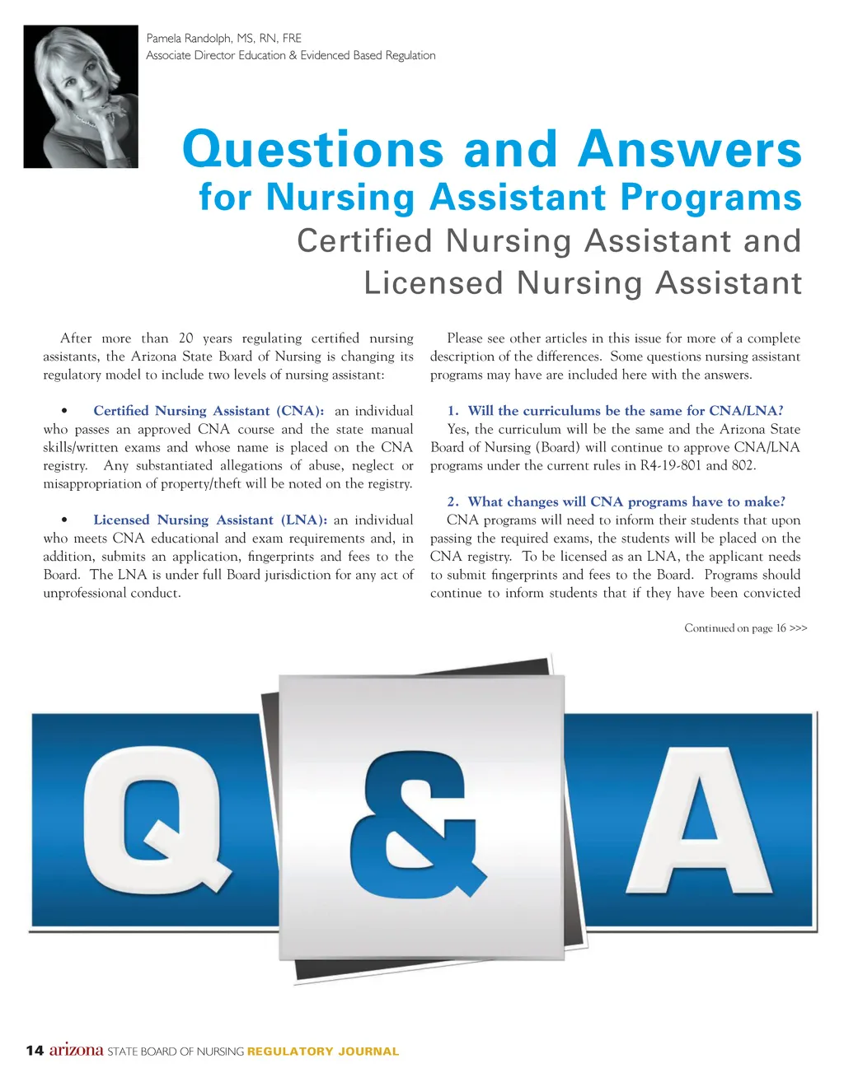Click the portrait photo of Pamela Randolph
(81, 96)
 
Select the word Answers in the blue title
(690, 150)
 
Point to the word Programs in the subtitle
(710, 198)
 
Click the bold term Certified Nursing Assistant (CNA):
(209, 411)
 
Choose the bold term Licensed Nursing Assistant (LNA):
(210, 520)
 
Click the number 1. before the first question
(452, 411)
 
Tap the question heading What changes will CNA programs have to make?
(626, 502)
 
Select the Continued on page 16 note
(745, 628)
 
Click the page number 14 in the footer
(35, 1051)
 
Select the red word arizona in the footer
(77, 1050)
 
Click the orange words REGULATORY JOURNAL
(323, 1052)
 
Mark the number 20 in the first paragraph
(186, 338)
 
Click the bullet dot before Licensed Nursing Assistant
(64, 520)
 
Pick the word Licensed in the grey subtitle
(434, 283)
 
